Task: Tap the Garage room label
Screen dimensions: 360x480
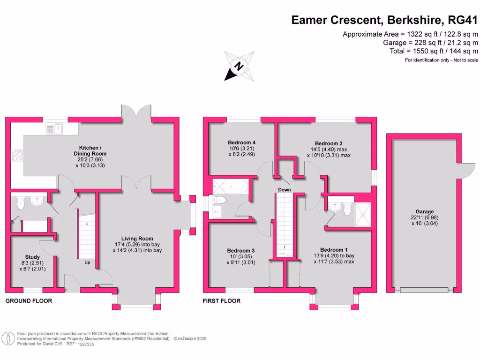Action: pos(424,212)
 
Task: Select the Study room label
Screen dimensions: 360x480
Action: pos(32,257)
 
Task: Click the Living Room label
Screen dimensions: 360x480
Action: pos(137,239)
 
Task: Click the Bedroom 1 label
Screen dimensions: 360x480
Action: pos(333,250)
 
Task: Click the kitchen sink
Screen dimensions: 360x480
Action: pos(55,127)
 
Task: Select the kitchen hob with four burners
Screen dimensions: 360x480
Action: pos(17,155)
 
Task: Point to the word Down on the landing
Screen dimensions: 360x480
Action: pos(284,190)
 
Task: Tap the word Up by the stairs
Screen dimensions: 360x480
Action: pos(87,262)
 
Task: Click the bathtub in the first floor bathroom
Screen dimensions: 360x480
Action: pos(230,187)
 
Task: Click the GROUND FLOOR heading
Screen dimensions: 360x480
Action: pos(29,300)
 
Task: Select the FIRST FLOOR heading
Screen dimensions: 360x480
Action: pos(222,300)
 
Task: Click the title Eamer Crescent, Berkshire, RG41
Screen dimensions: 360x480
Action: pos(384,20)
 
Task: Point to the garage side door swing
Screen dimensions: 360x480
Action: pos(467,170)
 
